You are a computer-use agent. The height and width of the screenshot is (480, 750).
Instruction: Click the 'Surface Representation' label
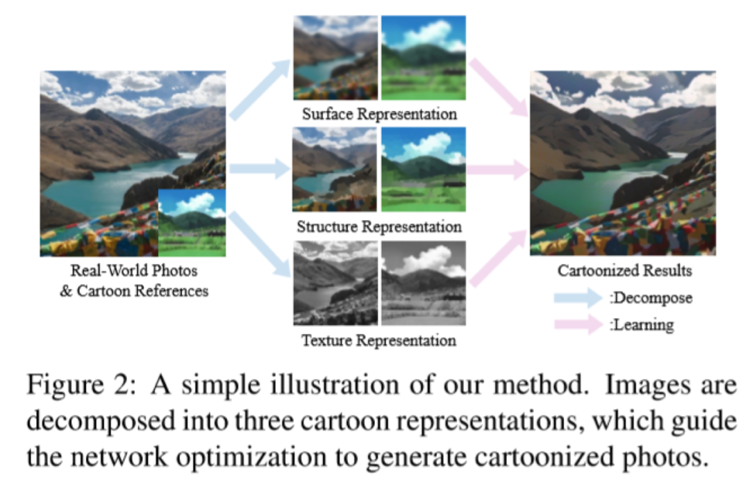(x=378, y=113)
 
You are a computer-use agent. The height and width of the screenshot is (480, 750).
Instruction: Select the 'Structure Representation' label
(x=378, y=226)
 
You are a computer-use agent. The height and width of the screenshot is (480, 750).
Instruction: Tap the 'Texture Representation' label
(x=378, y=340)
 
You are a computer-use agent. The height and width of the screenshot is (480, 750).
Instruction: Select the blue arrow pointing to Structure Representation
(x=259, y=168)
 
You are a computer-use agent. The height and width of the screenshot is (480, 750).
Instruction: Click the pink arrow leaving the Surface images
(x=497, y=86)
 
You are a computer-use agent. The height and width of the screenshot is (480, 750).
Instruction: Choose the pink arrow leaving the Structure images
(x=496, y=169)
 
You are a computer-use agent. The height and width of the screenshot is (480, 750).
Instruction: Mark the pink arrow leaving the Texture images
(x=497, y=257)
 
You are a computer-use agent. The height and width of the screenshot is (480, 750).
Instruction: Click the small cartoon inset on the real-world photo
(x=192, y=222)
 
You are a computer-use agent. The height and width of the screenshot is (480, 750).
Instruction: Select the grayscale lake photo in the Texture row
(x=335, y=283)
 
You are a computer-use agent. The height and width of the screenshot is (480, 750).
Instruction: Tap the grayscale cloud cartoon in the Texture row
(x=423, y=283)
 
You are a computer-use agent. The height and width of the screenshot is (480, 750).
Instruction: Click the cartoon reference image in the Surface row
(x=423, y=58)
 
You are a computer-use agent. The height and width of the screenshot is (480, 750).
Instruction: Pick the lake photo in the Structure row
(x=335, y=169)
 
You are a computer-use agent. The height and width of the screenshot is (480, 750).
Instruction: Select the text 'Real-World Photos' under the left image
(x=133, y=272)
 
